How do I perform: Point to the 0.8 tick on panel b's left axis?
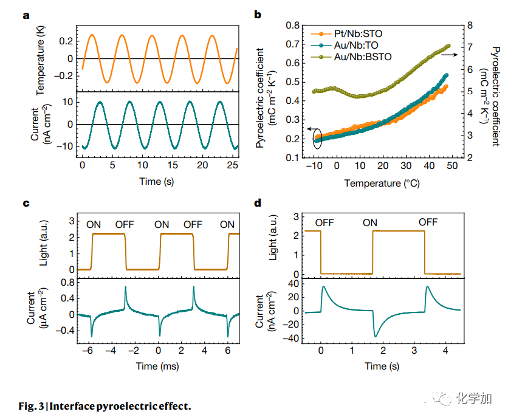coord(293,26)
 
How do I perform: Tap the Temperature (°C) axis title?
coord(382,182)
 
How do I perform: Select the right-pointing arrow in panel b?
coord(450,55)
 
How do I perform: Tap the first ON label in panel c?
coord(94,224)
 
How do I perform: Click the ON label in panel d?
coord(370,222)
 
